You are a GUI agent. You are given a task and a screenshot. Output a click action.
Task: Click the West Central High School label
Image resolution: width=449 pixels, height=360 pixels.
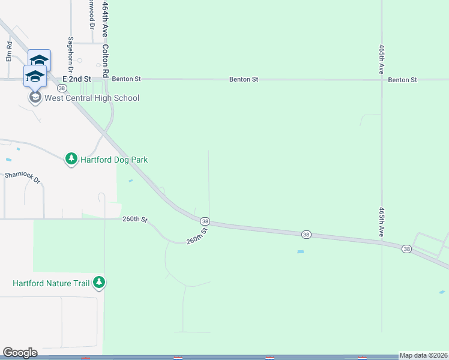[x=92, y=98]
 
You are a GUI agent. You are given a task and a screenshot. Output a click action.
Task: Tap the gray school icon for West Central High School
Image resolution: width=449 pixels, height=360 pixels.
[x=35, y=97]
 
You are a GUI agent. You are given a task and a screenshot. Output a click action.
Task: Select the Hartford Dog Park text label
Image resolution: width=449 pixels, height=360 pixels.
[x=114, y=160]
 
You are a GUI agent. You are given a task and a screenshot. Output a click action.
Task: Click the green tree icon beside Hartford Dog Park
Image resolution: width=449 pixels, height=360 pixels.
[x=71, y=159]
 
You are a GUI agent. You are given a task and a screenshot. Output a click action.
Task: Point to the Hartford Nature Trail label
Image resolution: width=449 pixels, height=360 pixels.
[x=51, y=283]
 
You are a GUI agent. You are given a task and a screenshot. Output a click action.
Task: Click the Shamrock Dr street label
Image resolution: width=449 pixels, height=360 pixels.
[x=22, y=178]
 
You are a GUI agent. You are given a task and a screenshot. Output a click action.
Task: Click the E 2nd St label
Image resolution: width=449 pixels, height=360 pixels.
[x=77, y=79]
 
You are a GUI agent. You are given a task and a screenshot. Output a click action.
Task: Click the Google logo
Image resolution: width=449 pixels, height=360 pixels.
[x=20, y=353]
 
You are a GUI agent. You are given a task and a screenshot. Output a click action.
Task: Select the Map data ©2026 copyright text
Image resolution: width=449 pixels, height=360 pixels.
[x=423, y=355]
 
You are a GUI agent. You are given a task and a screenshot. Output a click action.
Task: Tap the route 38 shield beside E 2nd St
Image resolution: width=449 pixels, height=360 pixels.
[x=53, y=88]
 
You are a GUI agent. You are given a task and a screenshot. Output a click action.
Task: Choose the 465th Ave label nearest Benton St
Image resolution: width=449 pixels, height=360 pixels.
[x=381, y=58]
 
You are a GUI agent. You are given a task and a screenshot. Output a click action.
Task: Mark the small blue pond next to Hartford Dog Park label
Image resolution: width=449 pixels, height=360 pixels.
[x=131, y=180]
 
